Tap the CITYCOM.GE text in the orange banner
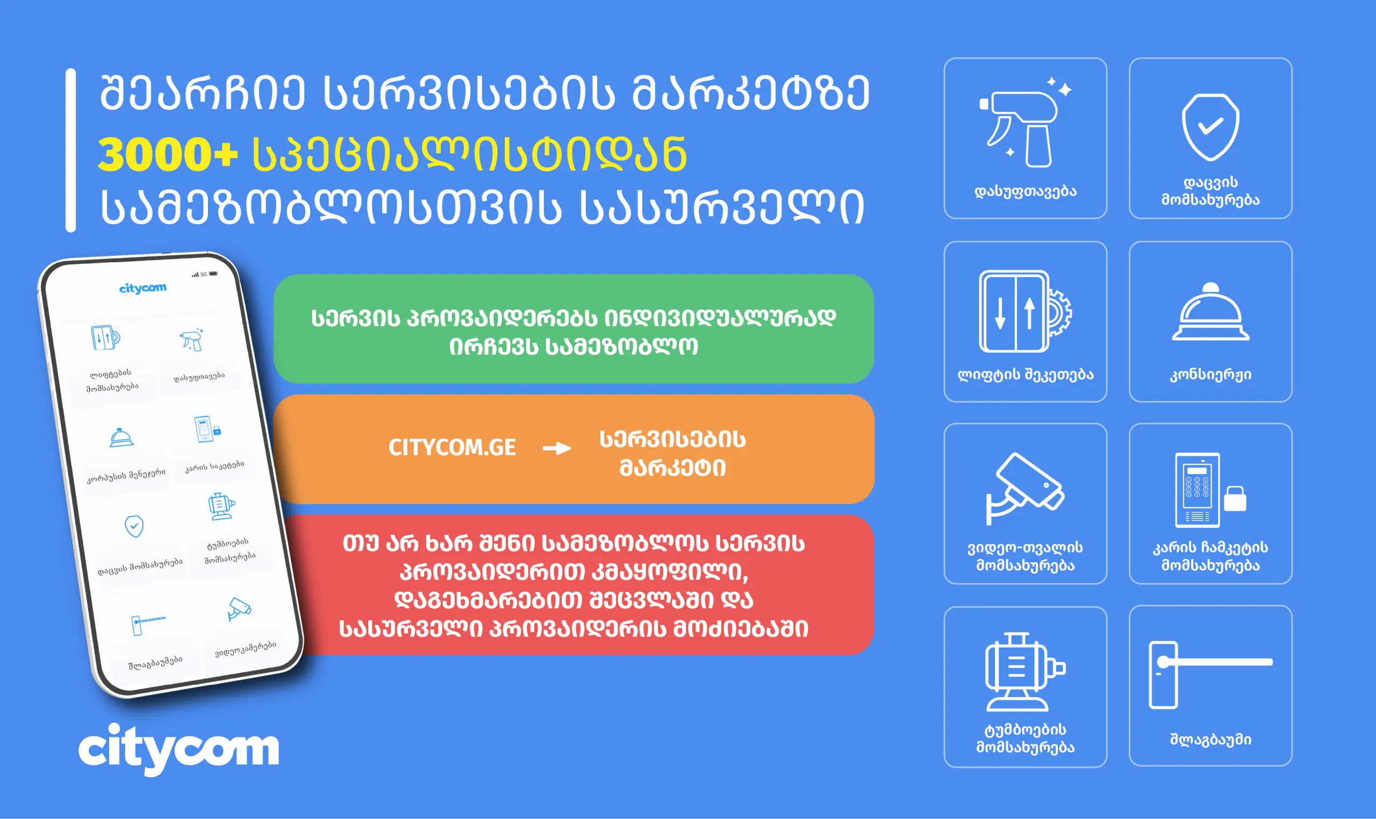452,448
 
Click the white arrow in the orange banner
556,448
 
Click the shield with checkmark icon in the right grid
1210,127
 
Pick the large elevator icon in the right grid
1024,311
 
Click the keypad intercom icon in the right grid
1209,490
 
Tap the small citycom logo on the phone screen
142,288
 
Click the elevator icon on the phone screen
105,337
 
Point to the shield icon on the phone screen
134,527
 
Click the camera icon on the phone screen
240,609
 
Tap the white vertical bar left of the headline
70,150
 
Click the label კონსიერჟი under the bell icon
1210,375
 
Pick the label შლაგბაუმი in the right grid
1210,739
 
